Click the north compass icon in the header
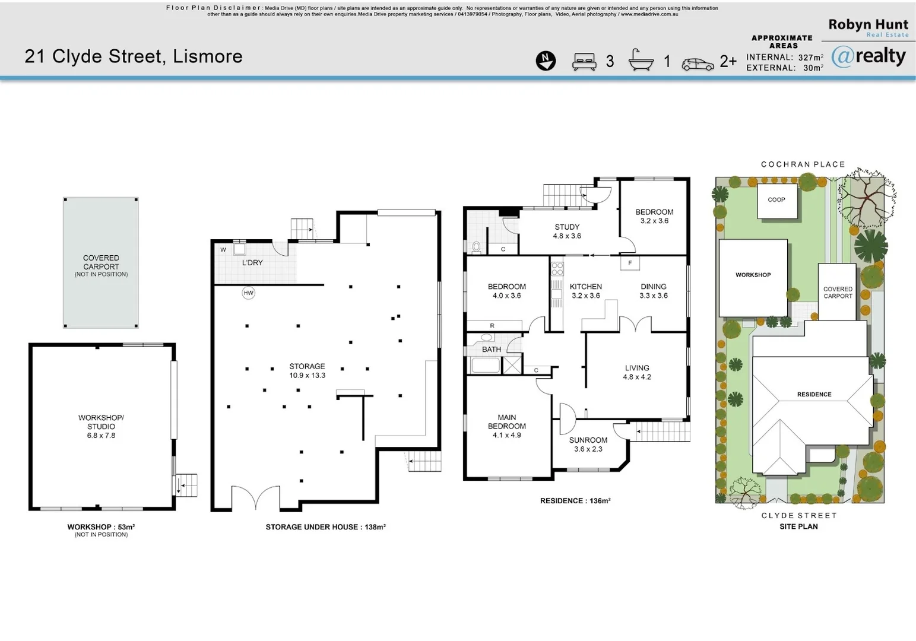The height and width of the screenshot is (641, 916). tap(546, 61)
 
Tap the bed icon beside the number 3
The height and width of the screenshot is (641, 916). tap(584, 62)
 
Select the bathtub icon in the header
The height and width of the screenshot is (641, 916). tap(641, 61)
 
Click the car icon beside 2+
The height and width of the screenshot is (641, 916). tap(698, 64)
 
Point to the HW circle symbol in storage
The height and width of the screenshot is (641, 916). tap(248, 293)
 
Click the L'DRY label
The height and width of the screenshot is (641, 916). tap(252, 262)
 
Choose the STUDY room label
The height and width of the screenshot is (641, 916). tap(567, 227)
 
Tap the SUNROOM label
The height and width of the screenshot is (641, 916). tap(588, 440)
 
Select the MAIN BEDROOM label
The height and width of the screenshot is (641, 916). tap(506, 421)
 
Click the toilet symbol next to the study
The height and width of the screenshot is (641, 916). tap(476, 246)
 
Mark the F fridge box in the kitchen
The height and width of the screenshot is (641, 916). tap(630, 263)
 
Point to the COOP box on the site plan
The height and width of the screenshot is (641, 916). tap(776, 200)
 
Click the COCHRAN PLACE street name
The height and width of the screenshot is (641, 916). tap(803, 164)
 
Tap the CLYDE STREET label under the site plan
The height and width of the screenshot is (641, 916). tap(799, 515)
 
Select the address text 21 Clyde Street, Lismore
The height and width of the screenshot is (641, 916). tap(134, 56)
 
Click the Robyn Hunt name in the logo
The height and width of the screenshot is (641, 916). tap(868, 24)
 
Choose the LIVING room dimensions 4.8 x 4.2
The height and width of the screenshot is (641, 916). tap(637, 377)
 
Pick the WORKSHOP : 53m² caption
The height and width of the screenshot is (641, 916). tap(101, 526)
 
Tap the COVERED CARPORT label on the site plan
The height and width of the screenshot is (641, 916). tap(838, 292)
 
